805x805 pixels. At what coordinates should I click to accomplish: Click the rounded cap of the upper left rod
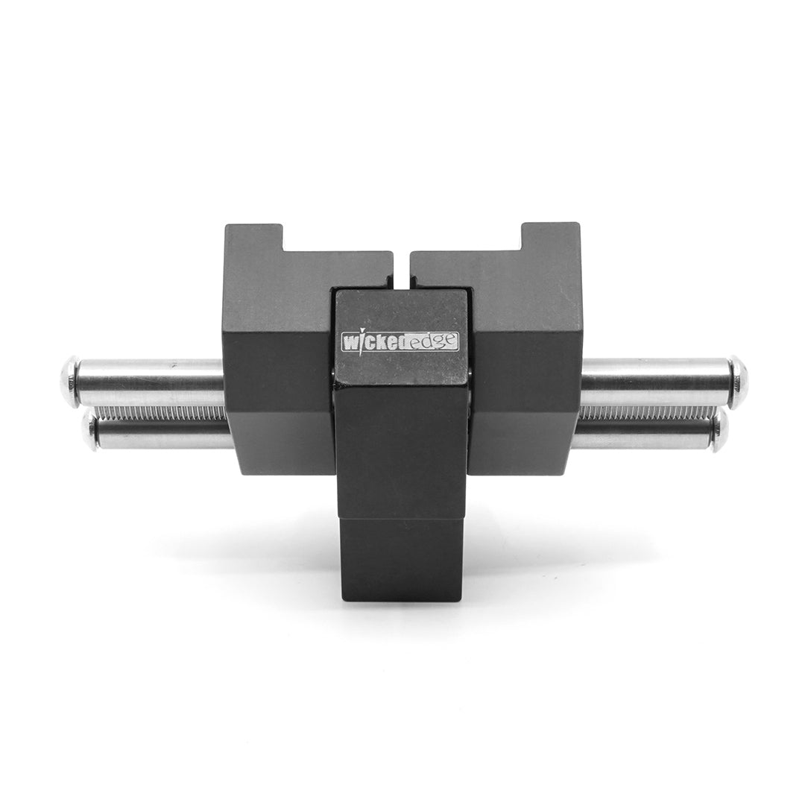pyautogui.click(x=69, y=382)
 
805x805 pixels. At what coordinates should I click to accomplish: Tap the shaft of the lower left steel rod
pyautogui.click(x=160, y=437)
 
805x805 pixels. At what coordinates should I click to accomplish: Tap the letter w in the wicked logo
pyautogui.click(x=349, y=342)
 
